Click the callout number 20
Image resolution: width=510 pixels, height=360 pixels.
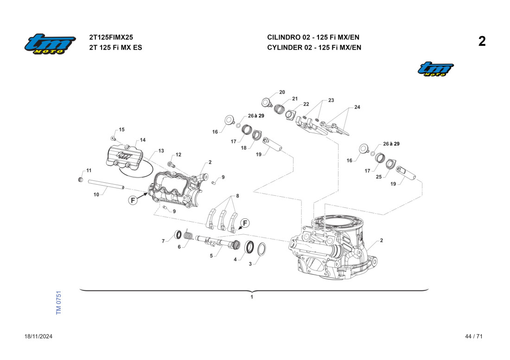(x=282, y=92)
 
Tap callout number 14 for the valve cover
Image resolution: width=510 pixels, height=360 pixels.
(x=143, y=140)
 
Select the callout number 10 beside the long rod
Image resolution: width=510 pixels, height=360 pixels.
(x=96, y=195)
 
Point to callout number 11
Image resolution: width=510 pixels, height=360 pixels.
(x=89, y=171)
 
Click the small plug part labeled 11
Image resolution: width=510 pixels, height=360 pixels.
(x=79, y=180)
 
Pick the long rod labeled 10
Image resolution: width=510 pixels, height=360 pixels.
(x=106, y=185)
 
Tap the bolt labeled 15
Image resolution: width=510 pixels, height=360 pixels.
(x=113, y=138)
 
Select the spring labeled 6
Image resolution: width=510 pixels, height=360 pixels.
(x=188, y=236)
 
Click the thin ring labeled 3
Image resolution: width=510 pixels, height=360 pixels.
(x=261, y=249)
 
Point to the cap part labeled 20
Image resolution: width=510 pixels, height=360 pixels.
(x=267, y=102)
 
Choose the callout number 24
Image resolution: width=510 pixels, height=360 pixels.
(x=357, y=107)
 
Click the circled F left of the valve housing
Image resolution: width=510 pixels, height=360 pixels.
(x=133, y=200)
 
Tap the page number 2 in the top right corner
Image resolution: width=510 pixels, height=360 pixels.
(x=482, y=42)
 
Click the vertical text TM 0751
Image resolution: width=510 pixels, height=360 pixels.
(x=59, y=303)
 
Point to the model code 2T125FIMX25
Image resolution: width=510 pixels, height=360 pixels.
(x=111, y=37)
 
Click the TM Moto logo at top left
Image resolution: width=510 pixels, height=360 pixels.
(x=50, y=45)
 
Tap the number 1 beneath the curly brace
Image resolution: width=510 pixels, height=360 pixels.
(x=252, y=297)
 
